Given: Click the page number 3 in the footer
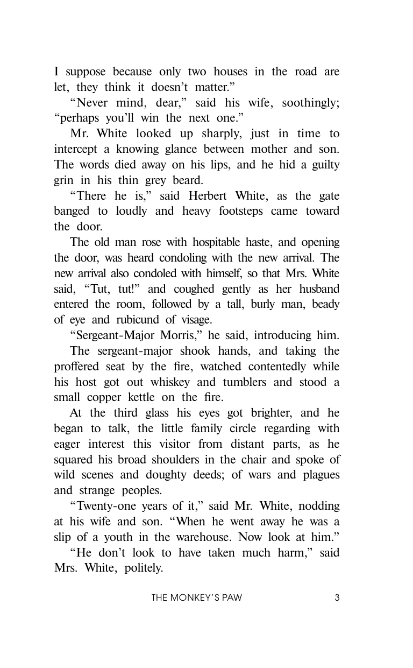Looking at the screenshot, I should click(337, 597).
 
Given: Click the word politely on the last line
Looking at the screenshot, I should click(143, 568).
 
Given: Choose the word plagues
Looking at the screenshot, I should click(319, 475).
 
